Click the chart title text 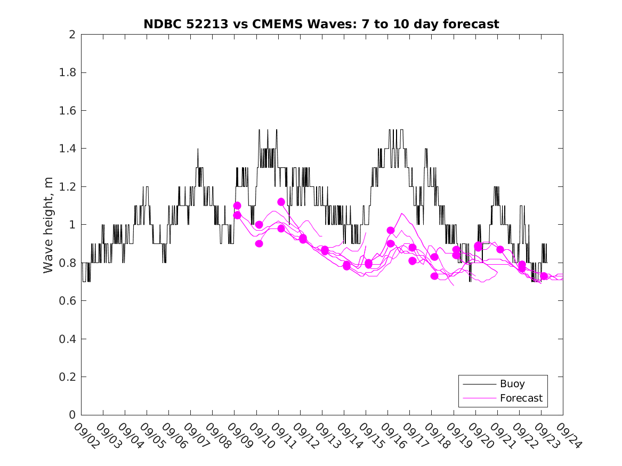[321, 24]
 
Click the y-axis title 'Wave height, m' [49, 225]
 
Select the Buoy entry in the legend [512, 384]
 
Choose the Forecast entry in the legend [521, 398]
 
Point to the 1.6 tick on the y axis [69, 111]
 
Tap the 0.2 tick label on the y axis [69, 377]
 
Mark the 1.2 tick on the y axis [69, 187]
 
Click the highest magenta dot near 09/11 [281, 202]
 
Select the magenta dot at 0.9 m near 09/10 [259, 243]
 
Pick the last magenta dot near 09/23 [544, 276]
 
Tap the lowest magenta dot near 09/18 [434, 276]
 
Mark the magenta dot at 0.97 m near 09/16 [391, 230]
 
